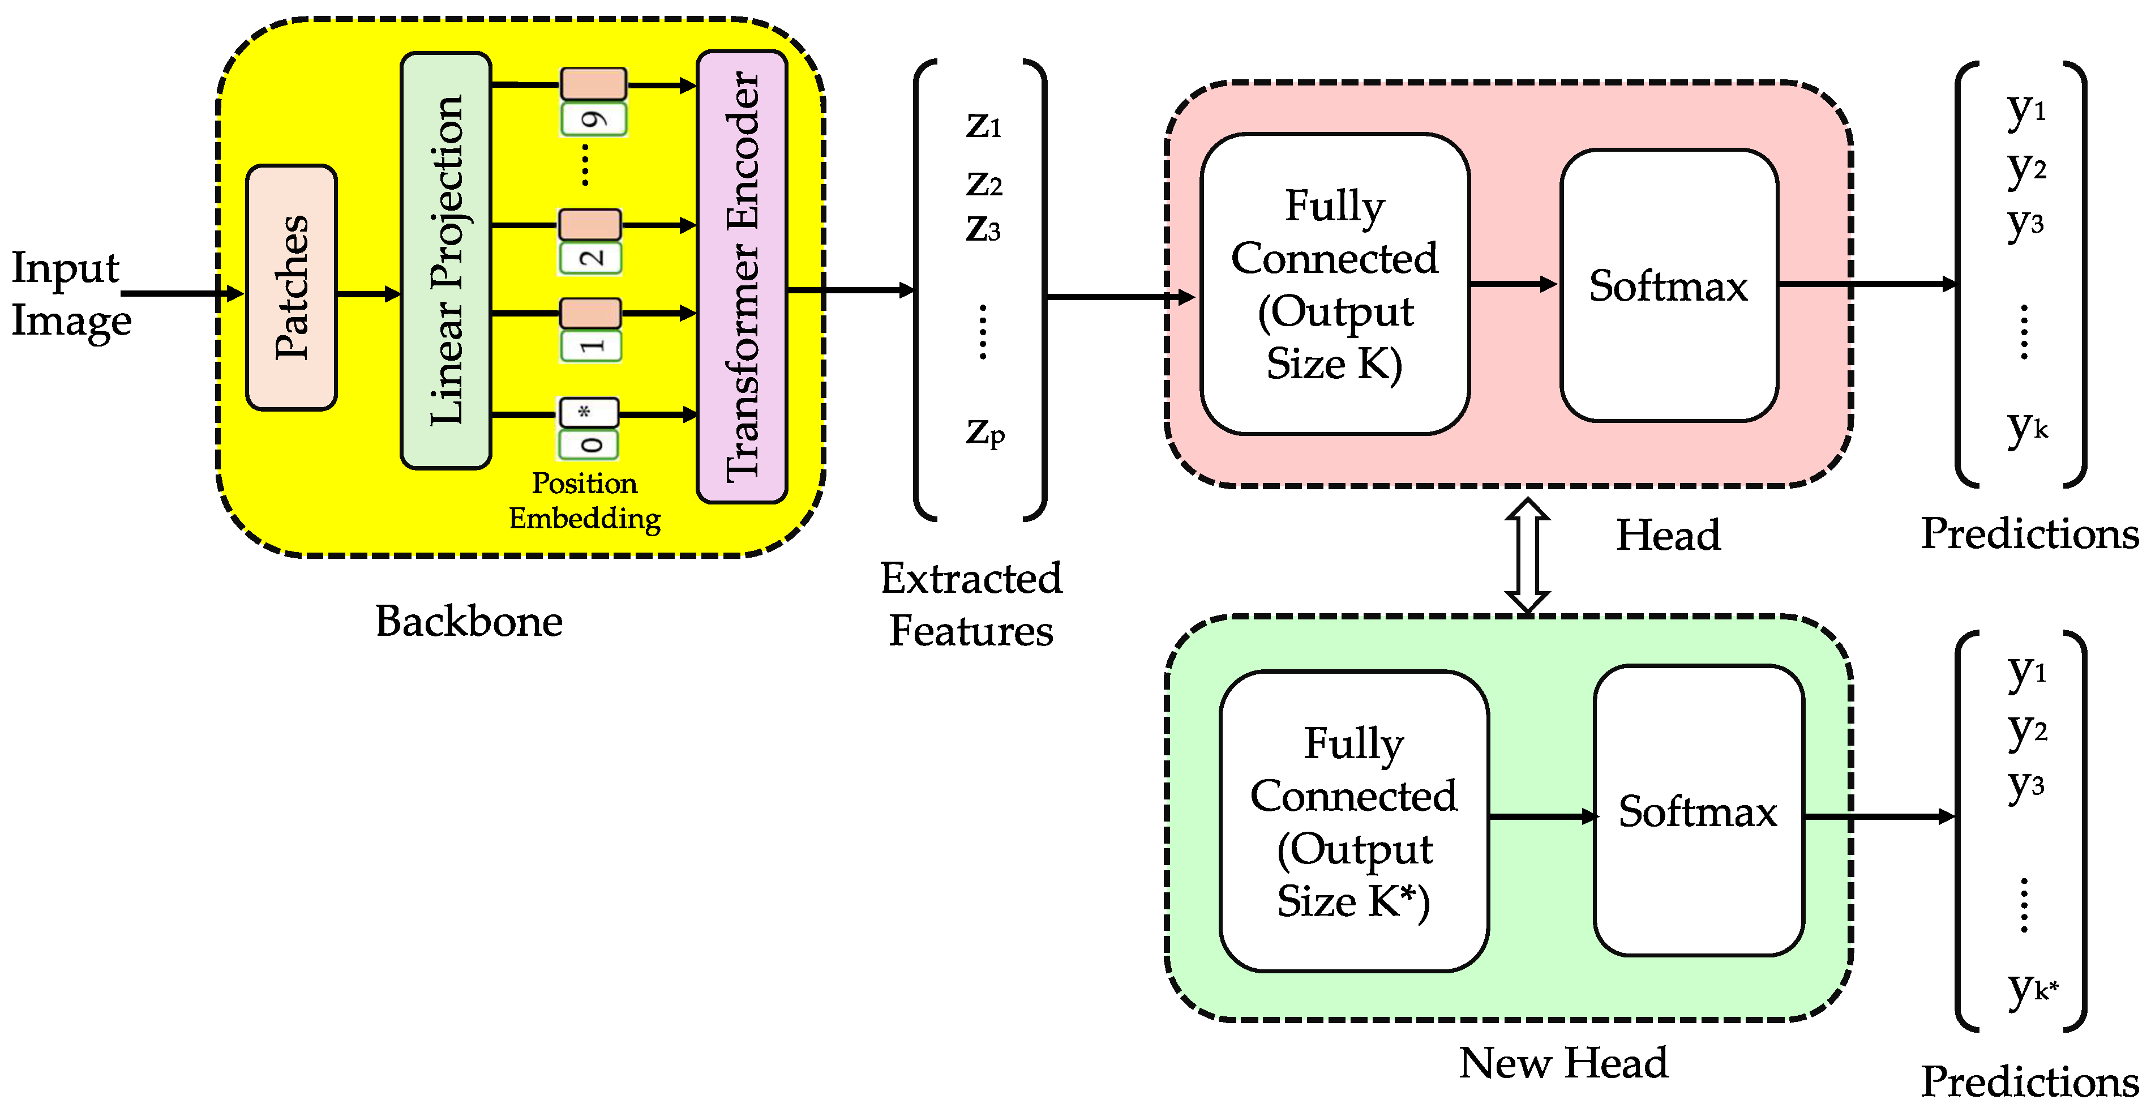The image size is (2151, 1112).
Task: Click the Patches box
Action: click(x=292, y=288)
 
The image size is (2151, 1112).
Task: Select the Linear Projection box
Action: click(x=446, y=260)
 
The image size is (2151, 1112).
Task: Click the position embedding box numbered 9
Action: click(x=593, y=119)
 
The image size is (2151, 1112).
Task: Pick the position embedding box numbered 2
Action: click(x=589, y=257)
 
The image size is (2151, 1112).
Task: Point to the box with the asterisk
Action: click(x=588, y=412)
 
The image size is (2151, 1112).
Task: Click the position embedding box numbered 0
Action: click(x=589, y=444)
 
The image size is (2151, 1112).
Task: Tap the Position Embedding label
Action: click(x=585, y=501)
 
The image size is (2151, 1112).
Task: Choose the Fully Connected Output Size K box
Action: click(x=1334, y=284)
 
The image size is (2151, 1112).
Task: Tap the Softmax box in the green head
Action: click(x=1698, y=810)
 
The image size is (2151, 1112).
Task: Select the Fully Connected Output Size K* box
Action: click(x=1353, y=821)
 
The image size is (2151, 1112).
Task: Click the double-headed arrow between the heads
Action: click(x=1527, y=555)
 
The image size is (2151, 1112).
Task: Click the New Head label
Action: click(x=1563, y=1063)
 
